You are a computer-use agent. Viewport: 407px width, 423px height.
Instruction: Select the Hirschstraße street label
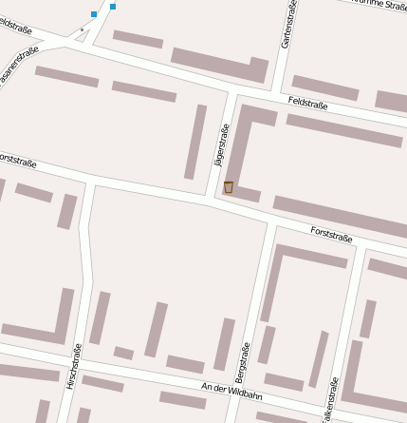73,367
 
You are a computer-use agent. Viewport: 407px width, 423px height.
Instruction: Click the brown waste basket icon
229,187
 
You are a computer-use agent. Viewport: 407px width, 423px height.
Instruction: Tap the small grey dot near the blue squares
83,29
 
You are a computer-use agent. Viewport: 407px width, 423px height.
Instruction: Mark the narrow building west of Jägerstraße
196,141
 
